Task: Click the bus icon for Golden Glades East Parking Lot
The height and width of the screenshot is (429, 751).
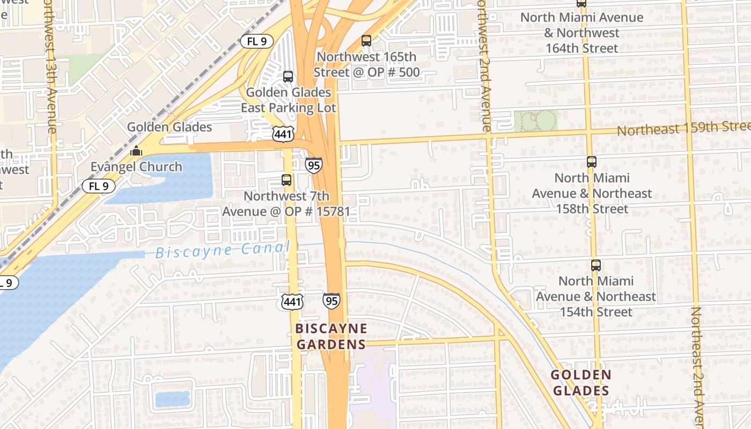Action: (288, 77)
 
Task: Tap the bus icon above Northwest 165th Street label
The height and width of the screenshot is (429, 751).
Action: (366, 40)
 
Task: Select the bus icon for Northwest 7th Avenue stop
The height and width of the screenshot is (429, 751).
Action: (286, 180)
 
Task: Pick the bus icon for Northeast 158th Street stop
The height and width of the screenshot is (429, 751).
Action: (592, 162)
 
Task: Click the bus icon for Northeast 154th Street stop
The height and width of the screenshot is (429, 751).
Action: (595, 265)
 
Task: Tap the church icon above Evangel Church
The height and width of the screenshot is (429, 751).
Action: (136, 151)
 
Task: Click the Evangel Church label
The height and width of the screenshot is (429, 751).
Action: (136, 167)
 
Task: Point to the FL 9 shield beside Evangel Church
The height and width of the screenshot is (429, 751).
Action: (99, 186)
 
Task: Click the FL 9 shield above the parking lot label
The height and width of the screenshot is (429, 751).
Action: (256, 41)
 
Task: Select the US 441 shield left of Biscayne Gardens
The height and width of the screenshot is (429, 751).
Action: (292, 301)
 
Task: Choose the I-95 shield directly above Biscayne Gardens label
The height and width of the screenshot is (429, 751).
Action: (332, 301)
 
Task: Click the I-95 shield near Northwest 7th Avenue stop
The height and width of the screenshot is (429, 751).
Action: (314, 165)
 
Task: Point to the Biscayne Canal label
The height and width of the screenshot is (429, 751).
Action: (223, 250)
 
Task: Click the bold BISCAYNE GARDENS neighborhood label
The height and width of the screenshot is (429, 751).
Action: (332, 336)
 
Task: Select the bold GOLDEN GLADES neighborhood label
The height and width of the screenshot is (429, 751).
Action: (581, 382)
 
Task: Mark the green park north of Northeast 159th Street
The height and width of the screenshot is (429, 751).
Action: (536, 120)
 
